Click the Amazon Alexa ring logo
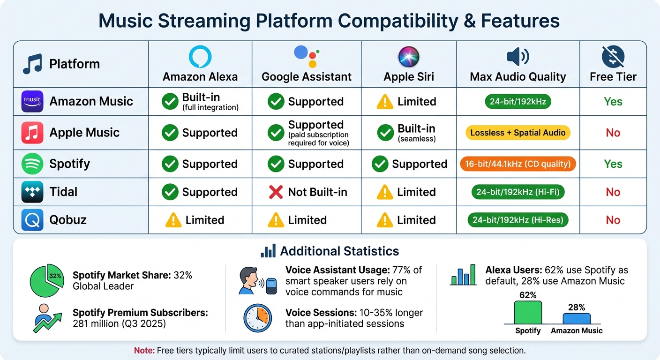point(200,57)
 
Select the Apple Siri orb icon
point(409,57)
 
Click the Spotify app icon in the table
point(32,164)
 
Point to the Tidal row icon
point(32,192)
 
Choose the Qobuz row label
point(68,220)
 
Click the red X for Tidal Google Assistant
point(276,192)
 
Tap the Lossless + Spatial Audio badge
point(518,133)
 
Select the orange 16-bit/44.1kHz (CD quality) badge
point(518,164)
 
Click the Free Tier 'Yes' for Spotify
point(613,164)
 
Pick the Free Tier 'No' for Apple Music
point(613,133)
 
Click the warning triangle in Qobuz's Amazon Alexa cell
point(173,220)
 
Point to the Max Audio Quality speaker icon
point(518,57)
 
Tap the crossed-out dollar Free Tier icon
point(613,57)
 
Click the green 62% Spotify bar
point(528,312)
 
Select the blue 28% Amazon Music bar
point(577,318)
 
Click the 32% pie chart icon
point(47,282)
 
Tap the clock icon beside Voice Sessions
point(257,318)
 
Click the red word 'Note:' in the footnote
point(143,350)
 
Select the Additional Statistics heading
point(339,251)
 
